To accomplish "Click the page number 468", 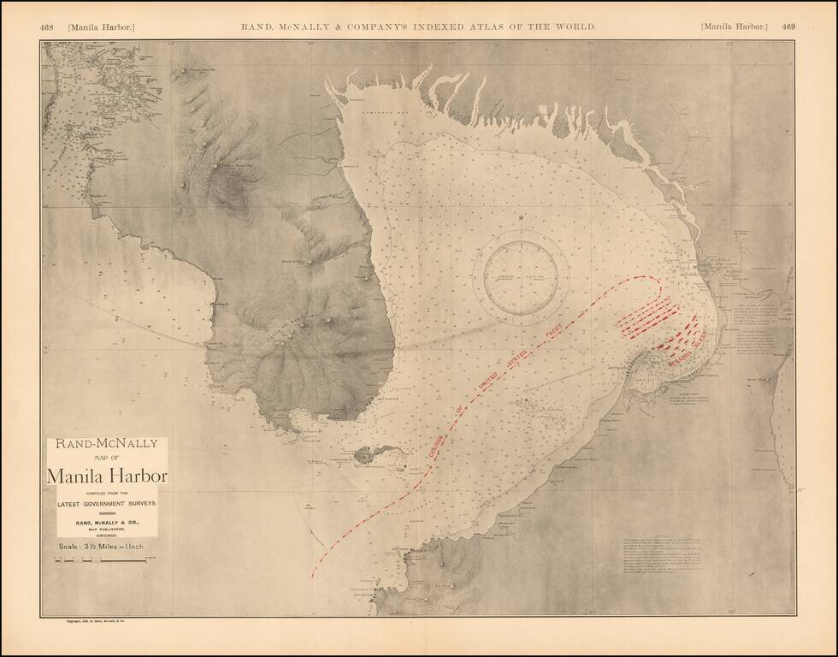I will [47, 27].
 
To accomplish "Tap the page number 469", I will [788, 27].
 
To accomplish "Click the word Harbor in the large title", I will [136, 475].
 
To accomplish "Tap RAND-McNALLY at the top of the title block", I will [107, 445].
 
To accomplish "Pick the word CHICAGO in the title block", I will [107, 533].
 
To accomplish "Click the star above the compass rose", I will [521, 218].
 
